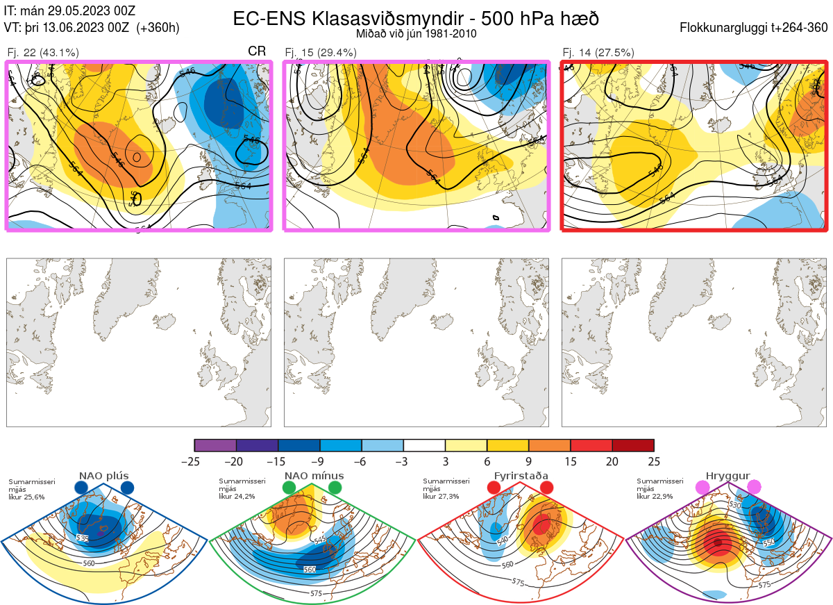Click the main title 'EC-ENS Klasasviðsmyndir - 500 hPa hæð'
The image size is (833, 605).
[x=416, y=18]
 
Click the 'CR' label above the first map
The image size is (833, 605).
[x=257, y=51]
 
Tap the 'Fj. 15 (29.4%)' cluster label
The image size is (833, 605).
[x=321, y=52]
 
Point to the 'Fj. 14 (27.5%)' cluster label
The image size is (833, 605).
[x=598, y=52]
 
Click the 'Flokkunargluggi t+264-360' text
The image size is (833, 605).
[x=755, y=28]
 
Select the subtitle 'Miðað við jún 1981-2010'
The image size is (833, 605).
[x=416, y=33]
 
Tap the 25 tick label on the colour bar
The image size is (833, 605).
[x=654, y=461]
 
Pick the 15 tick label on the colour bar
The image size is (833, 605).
[x=571, y=461]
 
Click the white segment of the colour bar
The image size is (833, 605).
[x=424, y=445]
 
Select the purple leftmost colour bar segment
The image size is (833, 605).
[x=215, y=445]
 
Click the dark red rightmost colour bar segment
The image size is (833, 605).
[x=633, y=445]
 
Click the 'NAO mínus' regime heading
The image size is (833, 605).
[x=314, y=476]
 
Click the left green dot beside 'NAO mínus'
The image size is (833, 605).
[x=289, y=488]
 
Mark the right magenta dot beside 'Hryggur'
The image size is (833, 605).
[x=754, y=488]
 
